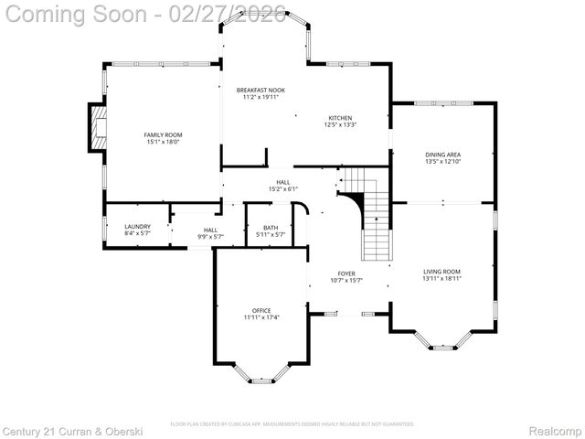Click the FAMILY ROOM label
pos(163,134)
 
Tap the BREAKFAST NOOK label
pos(261,90)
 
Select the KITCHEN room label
pos(340,118)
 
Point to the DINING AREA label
pos(442,155)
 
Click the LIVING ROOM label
pos(441,271)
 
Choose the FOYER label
pos(346,273)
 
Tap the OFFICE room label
pos(261,310)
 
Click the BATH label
pos(271,228)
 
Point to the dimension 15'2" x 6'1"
pos(283,189)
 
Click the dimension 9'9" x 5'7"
pos(210,237)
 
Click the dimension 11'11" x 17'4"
pos(261,317)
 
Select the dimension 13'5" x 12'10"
pos(442,162)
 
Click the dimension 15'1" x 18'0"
pos(163,142)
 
